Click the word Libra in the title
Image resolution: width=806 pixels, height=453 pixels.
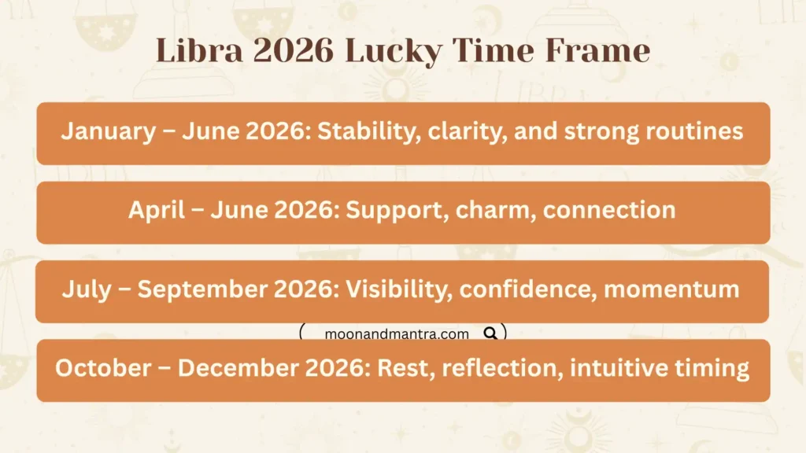(x=188, y=51)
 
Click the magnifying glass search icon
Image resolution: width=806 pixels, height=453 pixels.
(x=490, y=333)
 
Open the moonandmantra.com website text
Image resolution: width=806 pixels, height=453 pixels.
(x=397, y=334)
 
